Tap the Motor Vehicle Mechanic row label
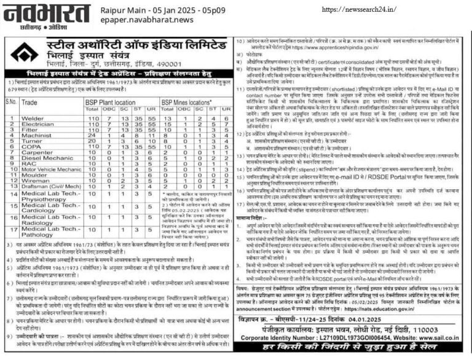point(50,169)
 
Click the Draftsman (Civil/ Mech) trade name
point(50,186)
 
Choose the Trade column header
point(29,103)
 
